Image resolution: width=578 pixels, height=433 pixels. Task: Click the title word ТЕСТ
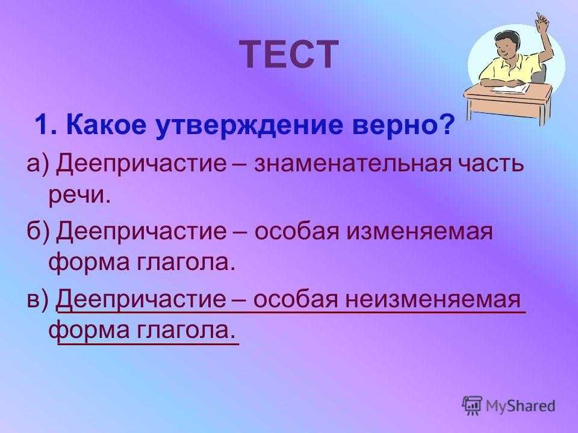(290, 54)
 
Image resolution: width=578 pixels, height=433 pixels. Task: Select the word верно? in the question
(402, 125)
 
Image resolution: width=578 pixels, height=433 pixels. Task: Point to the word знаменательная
(352, 164)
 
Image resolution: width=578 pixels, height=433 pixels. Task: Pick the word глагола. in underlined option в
(186, 330)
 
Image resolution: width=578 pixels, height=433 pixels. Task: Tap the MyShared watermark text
(520, 406)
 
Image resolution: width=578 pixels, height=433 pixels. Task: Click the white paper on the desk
(511, 88)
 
